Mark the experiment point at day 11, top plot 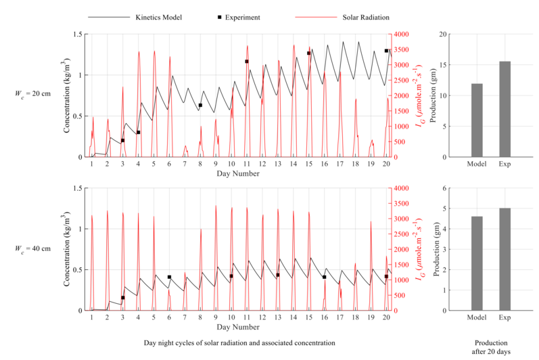247,62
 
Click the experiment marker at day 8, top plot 200,105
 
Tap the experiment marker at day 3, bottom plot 122,298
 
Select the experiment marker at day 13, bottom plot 277,275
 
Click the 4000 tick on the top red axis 400,34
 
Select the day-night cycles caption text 239,343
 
